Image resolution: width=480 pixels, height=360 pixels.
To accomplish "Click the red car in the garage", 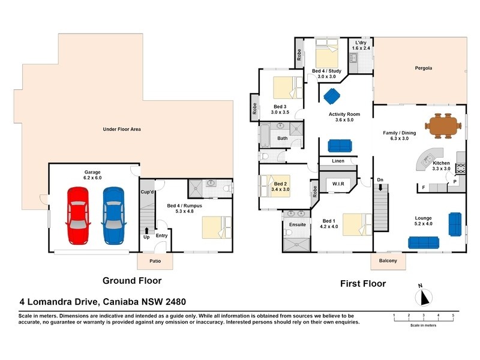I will click(x=78, y=215).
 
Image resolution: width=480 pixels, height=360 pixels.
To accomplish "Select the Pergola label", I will click(x=423, y=68).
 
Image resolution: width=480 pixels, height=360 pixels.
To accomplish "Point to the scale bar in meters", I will click(x=423, y=319).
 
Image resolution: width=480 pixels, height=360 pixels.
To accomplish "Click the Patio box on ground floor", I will click(x=154, y=262).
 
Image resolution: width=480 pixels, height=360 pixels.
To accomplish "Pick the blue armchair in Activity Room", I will click(x=331, y=95).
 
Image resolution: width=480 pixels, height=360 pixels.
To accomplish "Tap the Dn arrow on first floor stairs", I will click(x=380, y=187).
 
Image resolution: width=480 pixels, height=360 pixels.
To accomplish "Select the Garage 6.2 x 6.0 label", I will click(x=92, y=175).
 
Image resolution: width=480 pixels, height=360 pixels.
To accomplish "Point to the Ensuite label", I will click(x=298, y=224).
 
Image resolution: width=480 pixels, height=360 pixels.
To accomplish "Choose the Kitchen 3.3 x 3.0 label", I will click(x=442, y=166).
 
